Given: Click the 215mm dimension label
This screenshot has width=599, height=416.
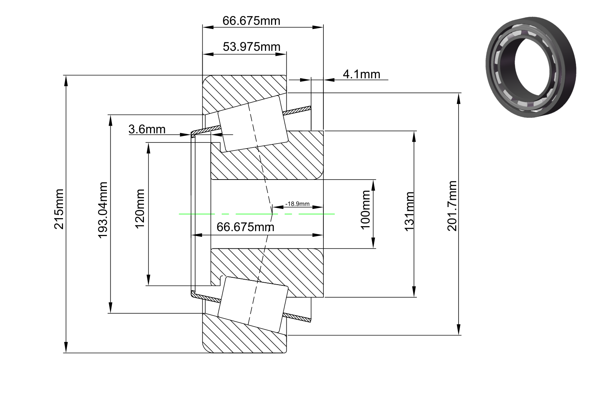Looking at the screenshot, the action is (x=59, y=209).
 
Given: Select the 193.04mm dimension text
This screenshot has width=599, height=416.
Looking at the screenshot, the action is (x=102, y=210).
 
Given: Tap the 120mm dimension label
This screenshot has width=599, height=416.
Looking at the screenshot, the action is (x=140, y=209).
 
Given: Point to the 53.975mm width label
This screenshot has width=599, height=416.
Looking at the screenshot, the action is (x=251, y=47).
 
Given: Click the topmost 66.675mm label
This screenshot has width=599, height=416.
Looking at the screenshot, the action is (x=251, y=21).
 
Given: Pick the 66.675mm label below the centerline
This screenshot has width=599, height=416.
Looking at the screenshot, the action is (x=245, y=227).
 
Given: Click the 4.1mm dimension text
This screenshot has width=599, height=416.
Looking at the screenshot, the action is (x=361, y=74).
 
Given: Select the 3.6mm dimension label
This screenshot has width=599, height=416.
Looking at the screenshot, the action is (x=147, y=129).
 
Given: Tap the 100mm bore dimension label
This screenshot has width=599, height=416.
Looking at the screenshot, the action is (x=365, y=210).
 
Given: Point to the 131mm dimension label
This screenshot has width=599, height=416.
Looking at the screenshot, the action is (x=409, y=211).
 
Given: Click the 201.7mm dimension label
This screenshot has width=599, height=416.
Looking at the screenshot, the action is (x=452, y=206).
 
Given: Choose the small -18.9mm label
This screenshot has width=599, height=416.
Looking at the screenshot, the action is (x=297, y=204).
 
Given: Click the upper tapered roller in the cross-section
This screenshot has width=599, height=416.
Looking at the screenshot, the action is (x=253, y=124).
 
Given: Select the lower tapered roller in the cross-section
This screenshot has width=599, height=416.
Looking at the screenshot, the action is (x=253, y=304).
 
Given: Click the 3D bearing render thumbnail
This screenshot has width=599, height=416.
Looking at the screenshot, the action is (x=531, y=67).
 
